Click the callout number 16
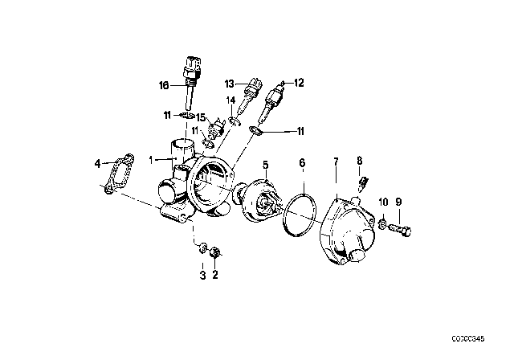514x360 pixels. coord(164,85)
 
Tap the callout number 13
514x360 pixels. coord(230,84)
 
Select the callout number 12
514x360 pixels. coord(299,83)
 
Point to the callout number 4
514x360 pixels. coord(97,163)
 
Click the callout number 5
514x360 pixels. coord(265,165)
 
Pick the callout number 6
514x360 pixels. coord(302,162)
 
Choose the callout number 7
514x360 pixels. coord(336,162)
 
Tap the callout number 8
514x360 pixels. coord(360,161)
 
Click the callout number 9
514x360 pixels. coord(398,202)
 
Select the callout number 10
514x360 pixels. coord(384,202)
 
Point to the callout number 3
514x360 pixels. coord(203,276)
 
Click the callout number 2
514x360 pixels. coord(215,275)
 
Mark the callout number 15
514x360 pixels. coord(201,117)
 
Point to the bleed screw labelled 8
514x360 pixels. coord(363,184)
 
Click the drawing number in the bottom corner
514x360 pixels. coord(468,338)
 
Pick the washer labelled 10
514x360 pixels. coord(382,224)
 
